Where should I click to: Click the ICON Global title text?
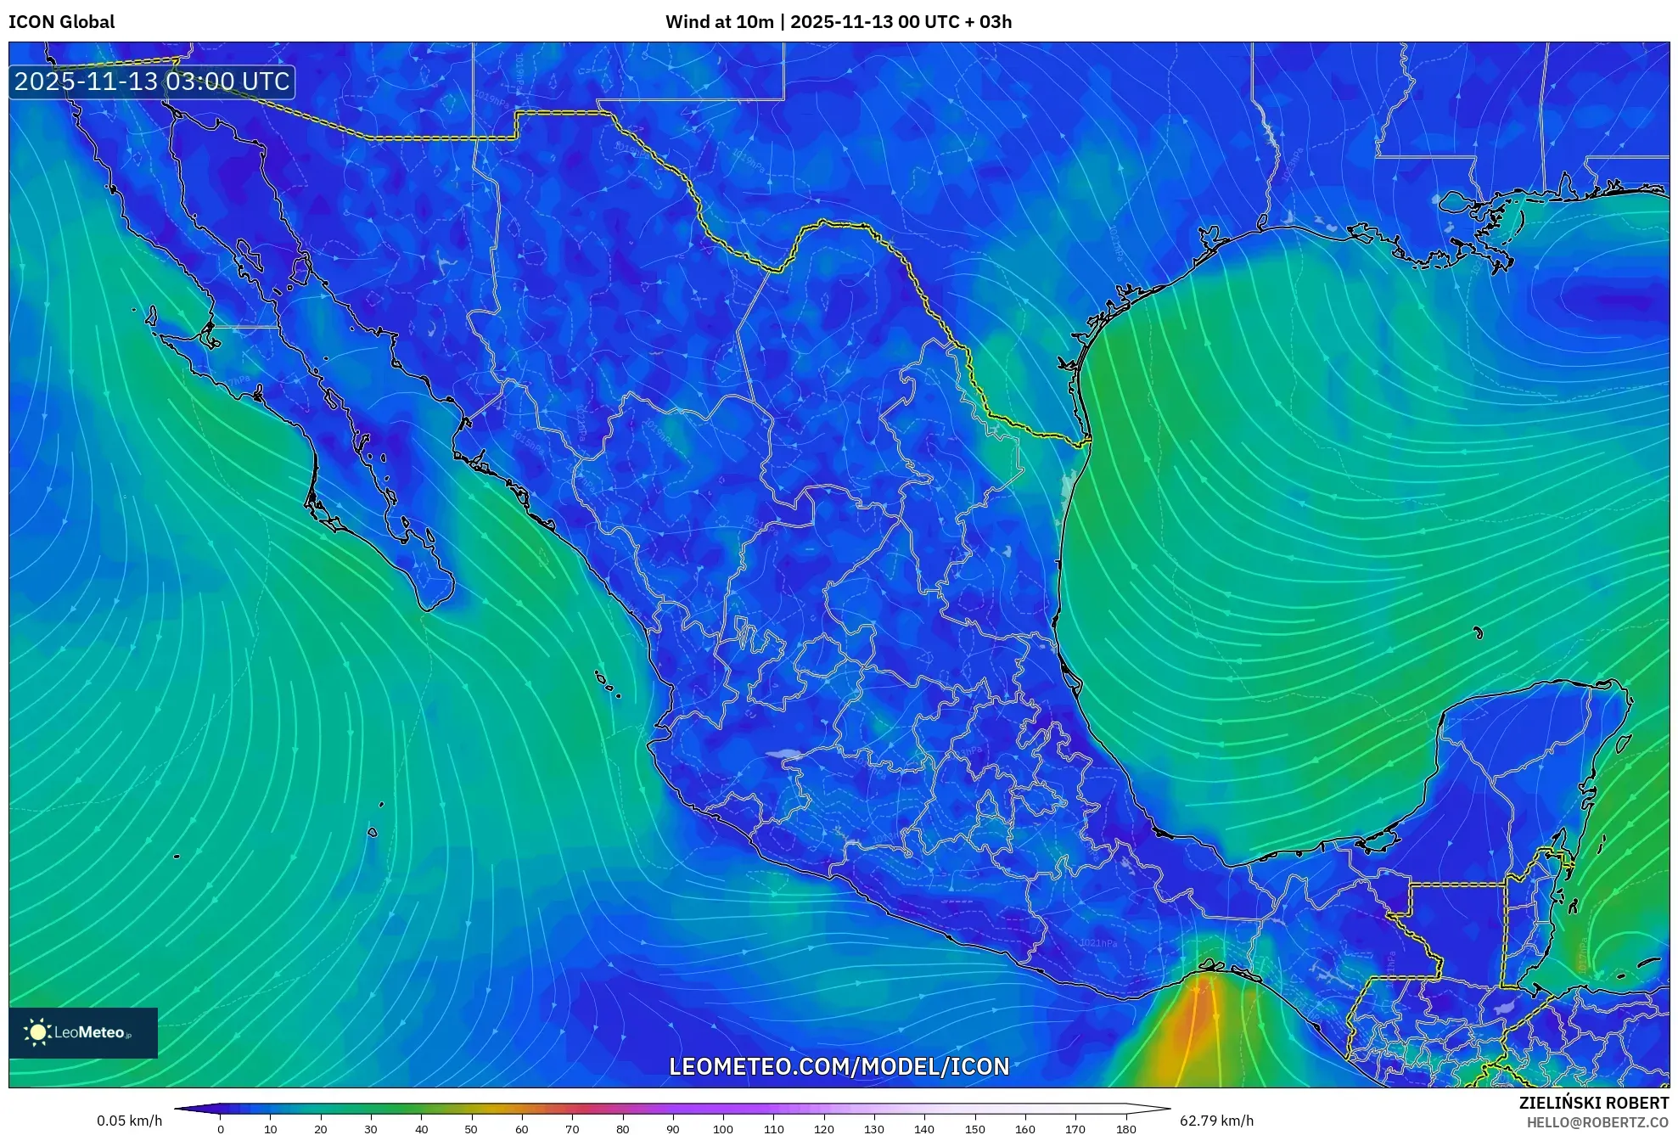(61, 22)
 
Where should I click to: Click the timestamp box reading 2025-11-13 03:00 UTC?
(152, 81)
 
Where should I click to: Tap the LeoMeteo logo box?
(83, 1032)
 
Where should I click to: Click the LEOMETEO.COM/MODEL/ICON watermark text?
(839, 1066)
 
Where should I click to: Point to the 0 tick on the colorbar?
(221, 1128)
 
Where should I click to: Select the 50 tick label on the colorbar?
(471, 1129)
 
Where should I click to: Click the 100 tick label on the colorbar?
(722, 1129)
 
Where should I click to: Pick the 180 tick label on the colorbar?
(1125, 1129)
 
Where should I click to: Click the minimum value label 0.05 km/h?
(129, 1121)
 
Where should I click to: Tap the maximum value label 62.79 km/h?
(1216, 1121)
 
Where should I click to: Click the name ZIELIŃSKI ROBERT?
(1593, 1103)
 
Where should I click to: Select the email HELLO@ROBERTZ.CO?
(1597, 1122)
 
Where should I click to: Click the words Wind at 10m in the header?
(719, 22)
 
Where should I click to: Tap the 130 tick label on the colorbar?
(873, 1129)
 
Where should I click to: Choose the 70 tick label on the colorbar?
(572, 1129)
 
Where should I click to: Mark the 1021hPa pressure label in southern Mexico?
(1098, 943)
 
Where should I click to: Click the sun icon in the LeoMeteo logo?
(37, 1032)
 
